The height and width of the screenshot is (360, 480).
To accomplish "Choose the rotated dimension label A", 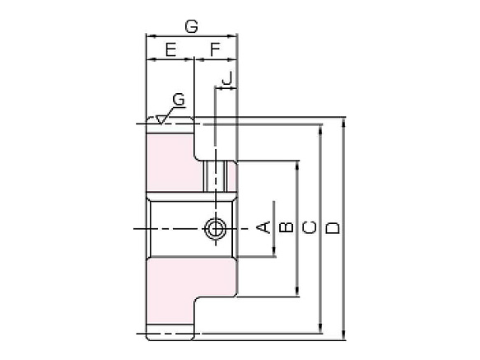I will (x=264, y=227).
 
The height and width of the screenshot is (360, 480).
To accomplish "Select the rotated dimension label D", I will (x=332, y=227).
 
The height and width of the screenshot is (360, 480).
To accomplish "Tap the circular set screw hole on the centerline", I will (x=216, y=227).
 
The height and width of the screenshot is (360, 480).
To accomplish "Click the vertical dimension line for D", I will (x=344, y=165).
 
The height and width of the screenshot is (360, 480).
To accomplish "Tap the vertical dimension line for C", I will (x=320, y=165).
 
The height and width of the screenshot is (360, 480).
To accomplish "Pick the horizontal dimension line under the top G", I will (x=191, y=36).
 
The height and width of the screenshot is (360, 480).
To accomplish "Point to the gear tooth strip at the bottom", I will (x=170, y=333).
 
